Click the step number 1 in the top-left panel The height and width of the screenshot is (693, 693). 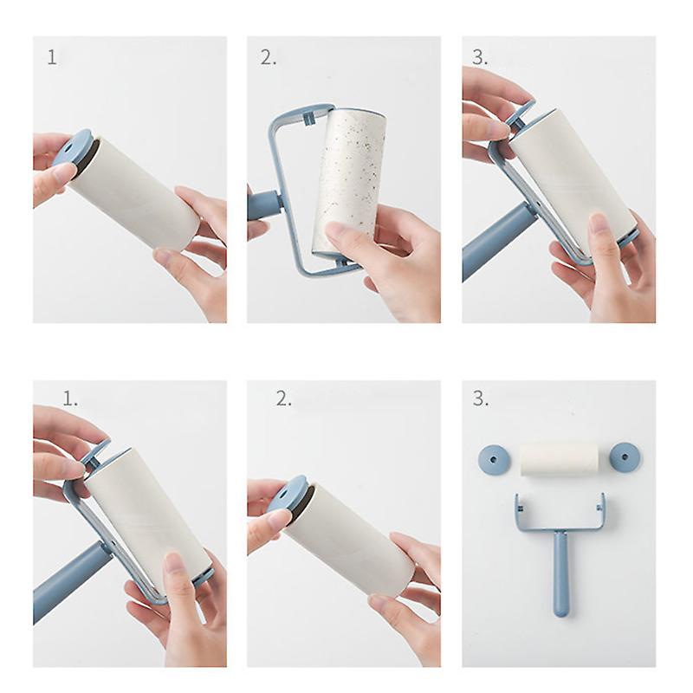coord(52,57)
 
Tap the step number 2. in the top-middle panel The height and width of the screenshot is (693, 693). coord(268,57)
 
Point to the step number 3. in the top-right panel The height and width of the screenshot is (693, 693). coord(480,57)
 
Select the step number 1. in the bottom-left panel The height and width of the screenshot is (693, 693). coord(70,399)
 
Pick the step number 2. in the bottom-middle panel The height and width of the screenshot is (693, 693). coord(284,399)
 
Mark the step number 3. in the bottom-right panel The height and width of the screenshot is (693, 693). coord(481,399)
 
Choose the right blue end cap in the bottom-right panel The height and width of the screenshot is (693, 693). coord(625,457)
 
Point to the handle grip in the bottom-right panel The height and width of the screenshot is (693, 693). coord(560,574)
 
